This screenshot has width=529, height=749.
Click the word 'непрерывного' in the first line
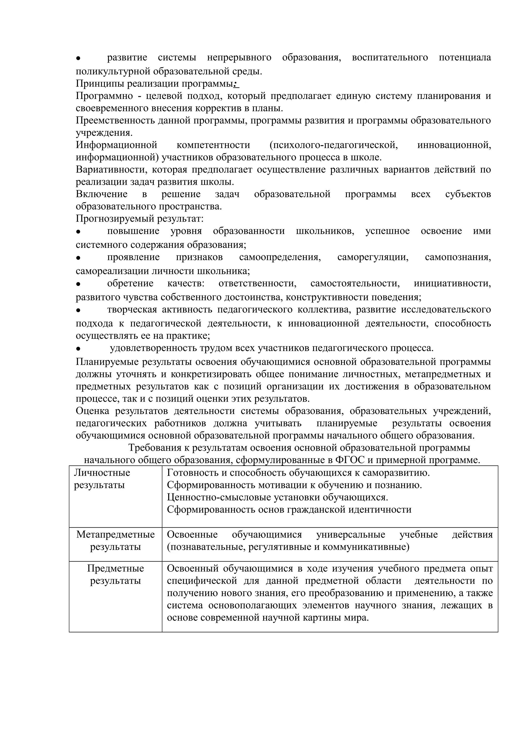coord(239,58)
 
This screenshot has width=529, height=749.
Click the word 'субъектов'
coord(468,194)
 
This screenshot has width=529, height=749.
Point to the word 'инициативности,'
coord(452,283)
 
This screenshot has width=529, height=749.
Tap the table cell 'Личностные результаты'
coord(102,479)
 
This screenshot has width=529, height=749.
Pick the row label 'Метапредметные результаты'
coord(115,540)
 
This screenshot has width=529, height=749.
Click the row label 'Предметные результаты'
coord(115,575)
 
